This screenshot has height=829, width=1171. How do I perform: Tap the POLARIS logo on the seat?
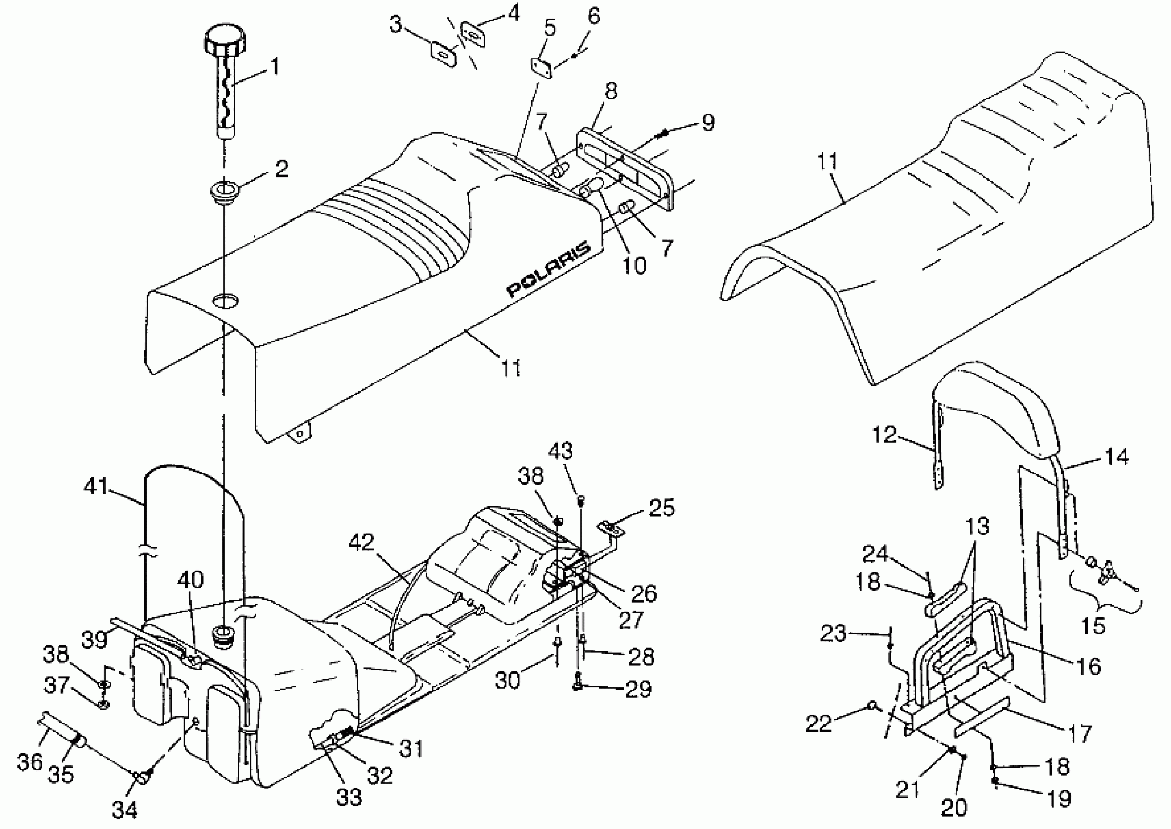548,269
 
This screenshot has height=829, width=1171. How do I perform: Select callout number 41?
97,486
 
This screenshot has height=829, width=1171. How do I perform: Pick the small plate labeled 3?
445,54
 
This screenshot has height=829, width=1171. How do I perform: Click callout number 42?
361,542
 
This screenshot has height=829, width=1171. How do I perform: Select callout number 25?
662,508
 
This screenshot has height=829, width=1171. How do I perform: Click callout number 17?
1079,734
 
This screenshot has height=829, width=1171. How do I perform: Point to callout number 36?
30,762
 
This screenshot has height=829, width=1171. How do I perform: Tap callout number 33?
349,796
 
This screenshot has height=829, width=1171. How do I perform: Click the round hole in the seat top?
225,300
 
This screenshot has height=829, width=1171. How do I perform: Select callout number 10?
635,265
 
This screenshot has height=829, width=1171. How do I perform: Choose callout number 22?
819,723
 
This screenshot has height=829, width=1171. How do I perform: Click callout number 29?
638,689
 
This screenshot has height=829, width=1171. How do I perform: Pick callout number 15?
1093,626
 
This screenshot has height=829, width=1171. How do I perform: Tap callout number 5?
549,29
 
